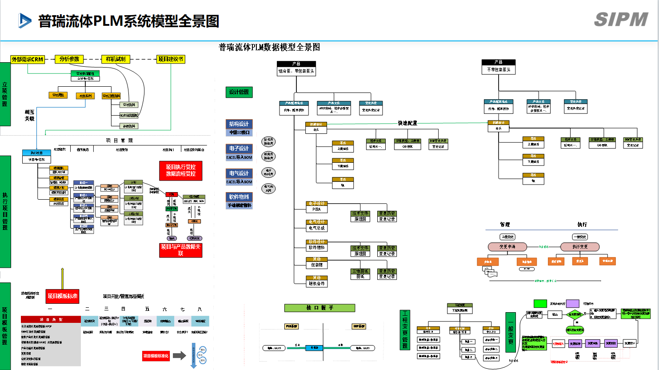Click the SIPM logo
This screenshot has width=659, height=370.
[x=621, y=20]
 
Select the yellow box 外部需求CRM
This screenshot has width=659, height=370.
[x=28, y=59]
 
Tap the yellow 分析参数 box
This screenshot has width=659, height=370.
[x=69, y=59]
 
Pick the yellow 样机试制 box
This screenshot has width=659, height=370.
[x=116, y=59]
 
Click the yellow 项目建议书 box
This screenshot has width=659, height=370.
[x=171, y=59]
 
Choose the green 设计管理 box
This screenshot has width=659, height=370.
[x=239, y=92]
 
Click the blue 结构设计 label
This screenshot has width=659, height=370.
[x=239, y=124]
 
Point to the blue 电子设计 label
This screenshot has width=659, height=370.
[x=239, y=149]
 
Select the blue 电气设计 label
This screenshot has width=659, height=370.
[x=239, y=173]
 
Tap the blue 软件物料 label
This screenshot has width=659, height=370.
[x=239, y=197]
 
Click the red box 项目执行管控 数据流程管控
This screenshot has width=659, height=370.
[x=181, y=170]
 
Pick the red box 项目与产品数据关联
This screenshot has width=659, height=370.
[x=181, y=250]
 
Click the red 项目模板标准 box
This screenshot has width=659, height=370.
[x=63, y=296]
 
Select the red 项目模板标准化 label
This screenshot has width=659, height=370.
[x=156, y=356]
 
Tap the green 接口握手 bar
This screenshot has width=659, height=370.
[x=320, y=308]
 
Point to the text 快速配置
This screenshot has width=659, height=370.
[x=407, y=123]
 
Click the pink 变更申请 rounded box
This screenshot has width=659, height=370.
[x=507, y=246]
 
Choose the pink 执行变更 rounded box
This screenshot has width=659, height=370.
[x=580, y=246]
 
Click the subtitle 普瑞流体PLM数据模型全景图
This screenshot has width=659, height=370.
[x=269, y=47]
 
